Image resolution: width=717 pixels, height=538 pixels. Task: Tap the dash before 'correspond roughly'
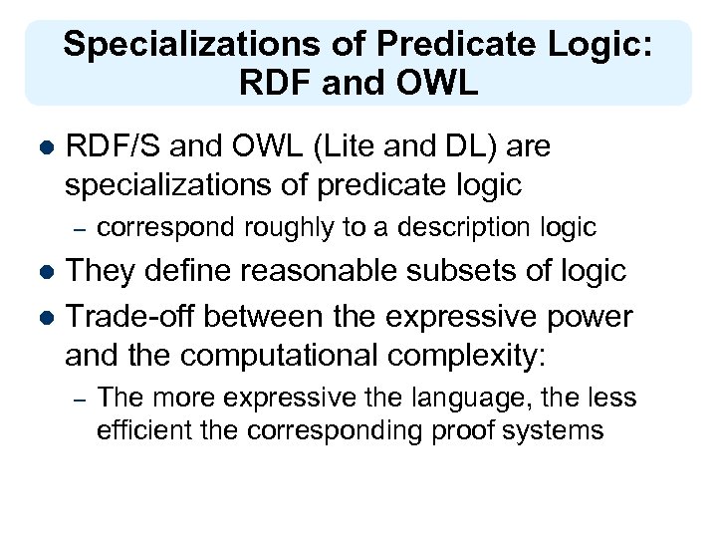click(82, 228)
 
